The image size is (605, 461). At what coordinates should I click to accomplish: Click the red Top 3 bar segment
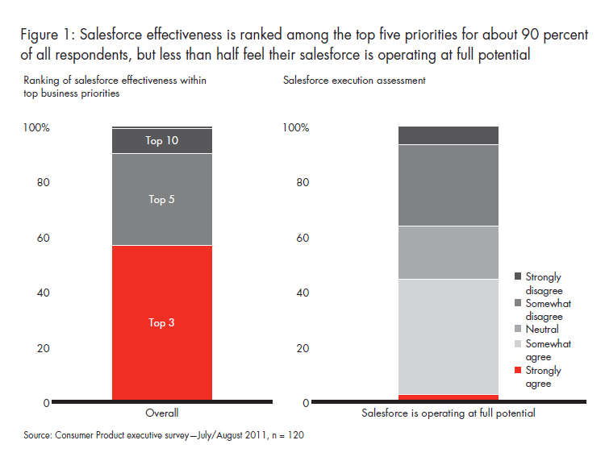click(161, 322)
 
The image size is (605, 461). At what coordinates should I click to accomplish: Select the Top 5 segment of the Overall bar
click(161, 199)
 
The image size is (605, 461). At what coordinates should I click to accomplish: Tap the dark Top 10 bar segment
click(161, 141)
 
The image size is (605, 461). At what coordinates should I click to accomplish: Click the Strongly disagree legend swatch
click(518, 276)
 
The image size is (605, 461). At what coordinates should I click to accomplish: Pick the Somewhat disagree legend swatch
click(518, 304)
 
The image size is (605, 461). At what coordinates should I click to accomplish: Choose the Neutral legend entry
click(518, 330)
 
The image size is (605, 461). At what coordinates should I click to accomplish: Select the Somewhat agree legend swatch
click(518, 344)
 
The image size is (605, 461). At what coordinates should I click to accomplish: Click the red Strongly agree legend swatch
click(518, 371)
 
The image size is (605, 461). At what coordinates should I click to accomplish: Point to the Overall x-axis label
click(161, 413)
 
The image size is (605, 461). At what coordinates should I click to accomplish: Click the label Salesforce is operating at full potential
click(449, 413)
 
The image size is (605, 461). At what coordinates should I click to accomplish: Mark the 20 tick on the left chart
click(44, 348)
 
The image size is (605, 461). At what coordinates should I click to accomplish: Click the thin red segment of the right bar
click(449, 397)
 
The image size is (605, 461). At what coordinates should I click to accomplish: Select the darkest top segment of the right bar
click(449, 135)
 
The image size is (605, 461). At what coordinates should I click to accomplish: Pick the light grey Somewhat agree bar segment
click(449, 336)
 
